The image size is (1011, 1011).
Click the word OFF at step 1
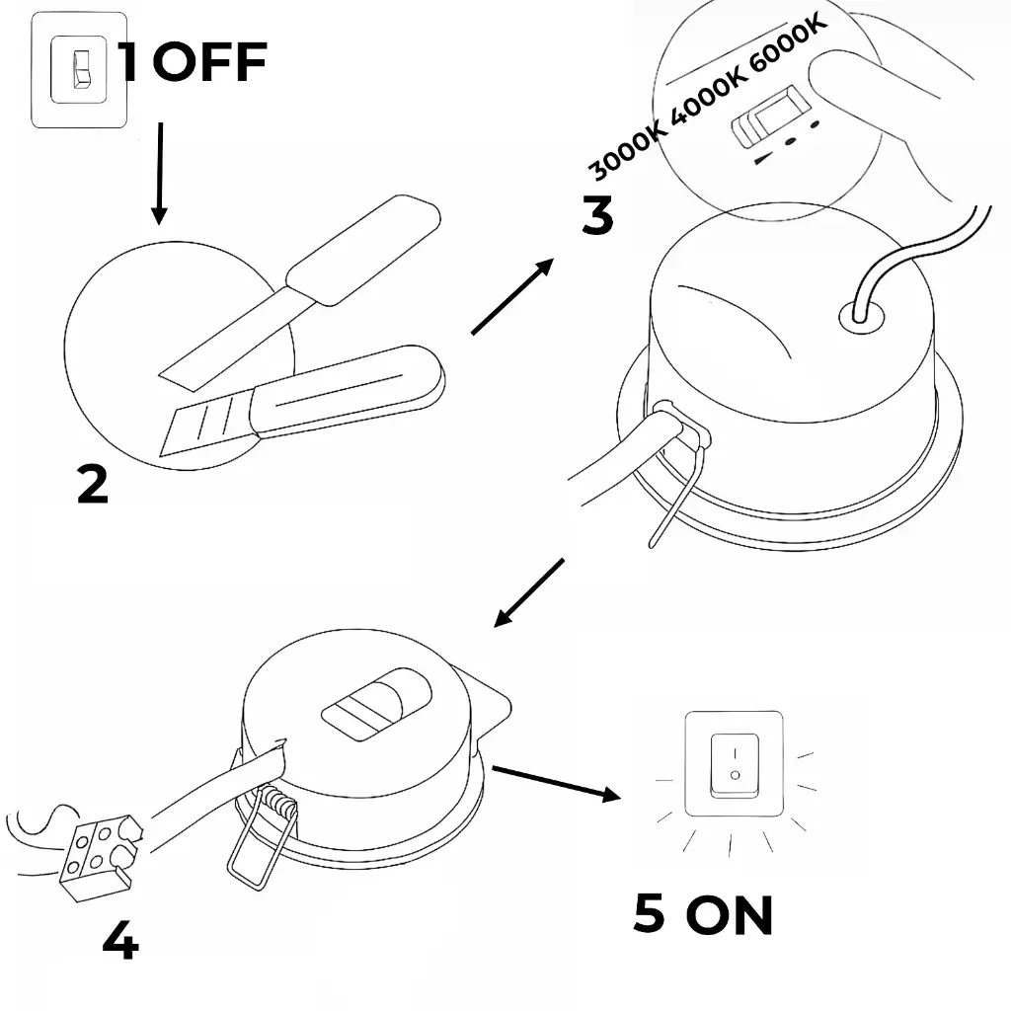click(209, 63)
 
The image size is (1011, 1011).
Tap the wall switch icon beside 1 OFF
click(79, 69)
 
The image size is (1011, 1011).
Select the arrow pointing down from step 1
click(158, 174)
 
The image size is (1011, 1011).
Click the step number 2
click(92, 484)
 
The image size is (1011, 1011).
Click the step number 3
click(596, 216)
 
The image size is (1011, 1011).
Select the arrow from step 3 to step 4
click(529, 592)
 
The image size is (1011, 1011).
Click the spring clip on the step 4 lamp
click(262, 829)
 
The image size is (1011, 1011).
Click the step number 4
click(120, 942)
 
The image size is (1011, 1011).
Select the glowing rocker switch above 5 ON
click(734, 763)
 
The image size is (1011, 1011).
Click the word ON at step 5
click(730, 915)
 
